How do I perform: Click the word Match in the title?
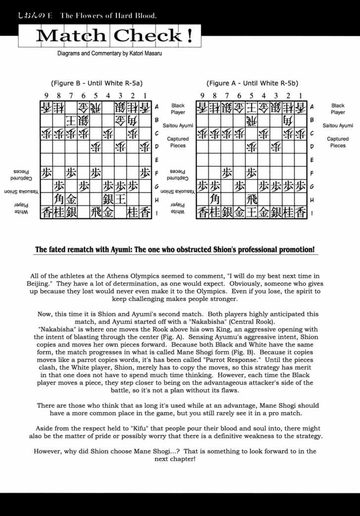70,36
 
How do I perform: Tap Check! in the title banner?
154,36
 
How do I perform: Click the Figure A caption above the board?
252,83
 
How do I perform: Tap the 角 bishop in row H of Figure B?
59,199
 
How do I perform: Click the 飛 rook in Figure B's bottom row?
96,213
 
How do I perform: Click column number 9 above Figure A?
202,95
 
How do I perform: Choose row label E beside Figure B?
156,160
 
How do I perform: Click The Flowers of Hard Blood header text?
108,15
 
